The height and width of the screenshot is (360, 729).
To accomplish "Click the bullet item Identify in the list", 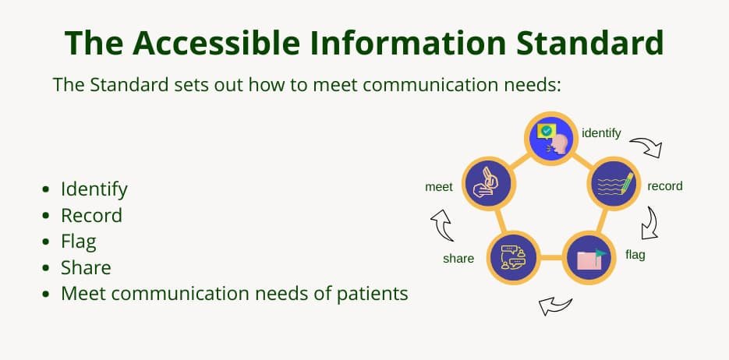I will [x=94, y=189].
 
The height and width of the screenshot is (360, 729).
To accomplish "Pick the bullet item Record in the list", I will [x=91, y=215].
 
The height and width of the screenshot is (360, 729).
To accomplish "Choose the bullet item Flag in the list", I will [x=79, y=242].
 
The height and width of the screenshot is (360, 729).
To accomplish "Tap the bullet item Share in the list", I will [x=86, y=268].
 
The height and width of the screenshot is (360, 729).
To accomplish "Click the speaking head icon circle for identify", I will [x=552, y=138].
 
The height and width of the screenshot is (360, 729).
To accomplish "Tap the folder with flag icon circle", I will [x=589, y=257].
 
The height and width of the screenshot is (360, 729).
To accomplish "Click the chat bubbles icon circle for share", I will [x=513, y=257].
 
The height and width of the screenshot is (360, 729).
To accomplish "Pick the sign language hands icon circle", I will [x=489, y=185].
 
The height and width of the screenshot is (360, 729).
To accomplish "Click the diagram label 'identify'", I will [x=601, y=133].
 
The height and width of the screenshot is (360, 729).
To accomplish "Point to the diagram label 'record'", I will [x=665, y=186].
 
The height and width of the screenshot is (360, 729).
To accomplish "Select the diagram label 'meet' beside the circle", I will [x=439, y=187].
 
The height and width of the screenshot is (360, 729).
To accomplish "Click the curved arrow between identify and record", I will [x=646, y=147].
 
